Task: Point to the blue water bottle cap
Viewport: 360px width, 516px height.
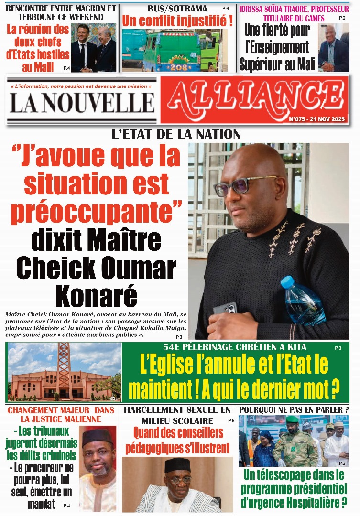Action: click(287, 282)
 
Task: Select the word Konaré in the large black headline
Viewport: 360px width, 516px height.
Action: click(96, 296)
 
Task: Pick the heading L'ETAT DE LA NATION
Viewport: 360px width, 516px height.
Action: click(176, 134)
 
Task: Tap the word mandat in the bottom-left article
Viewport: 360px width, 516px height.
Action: click(38, 504)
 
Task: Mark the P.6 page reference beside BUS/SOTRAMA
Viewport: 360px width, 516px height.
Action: click(225, 9)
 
